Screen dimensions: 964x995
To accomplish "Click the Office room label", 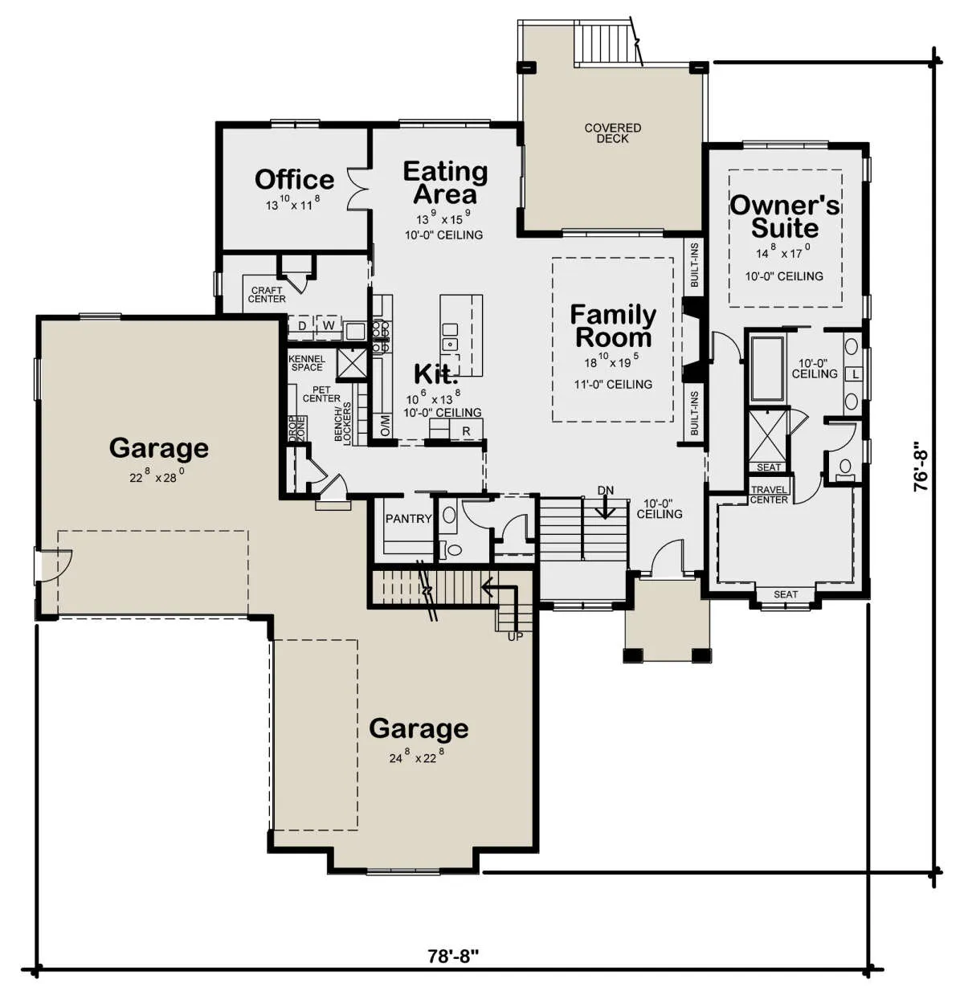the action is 294,179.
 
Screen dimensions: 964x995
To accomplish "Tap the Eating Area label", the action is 445,182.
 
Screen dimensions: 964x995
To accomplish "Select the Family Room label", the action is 613,326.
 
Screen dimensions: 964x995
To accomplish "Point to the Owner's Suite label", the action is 785,216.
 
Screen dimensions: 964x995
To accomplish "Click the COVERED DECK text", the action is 612,133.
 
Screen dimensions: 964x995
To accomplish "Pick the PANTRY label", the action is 408,519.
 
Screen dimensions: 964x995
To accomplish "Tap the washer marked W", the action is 329,325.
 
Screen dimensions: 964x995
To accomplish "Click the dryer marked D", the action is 302,326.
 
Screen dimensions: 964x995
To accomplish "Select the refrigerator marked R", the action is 466,431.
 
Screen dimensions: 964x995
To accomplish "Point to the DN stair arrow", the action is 605,508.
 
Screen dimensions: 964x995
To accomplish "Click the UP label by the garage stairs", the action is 515,637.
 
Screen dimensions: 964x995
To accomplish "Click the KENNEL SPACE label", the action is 307,363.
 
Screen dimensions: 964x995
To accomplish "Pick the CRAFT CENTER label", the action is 267,295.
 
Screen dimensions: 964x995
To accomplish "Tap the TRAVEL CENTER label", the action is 769,495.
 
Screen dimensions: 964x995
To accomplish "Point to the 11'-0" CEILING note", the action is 613,384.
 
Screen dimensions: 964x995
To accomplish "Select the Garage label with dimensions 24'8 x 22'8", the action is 419,728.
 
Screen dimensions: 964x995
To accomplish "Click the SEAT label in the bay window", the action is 785,594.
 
